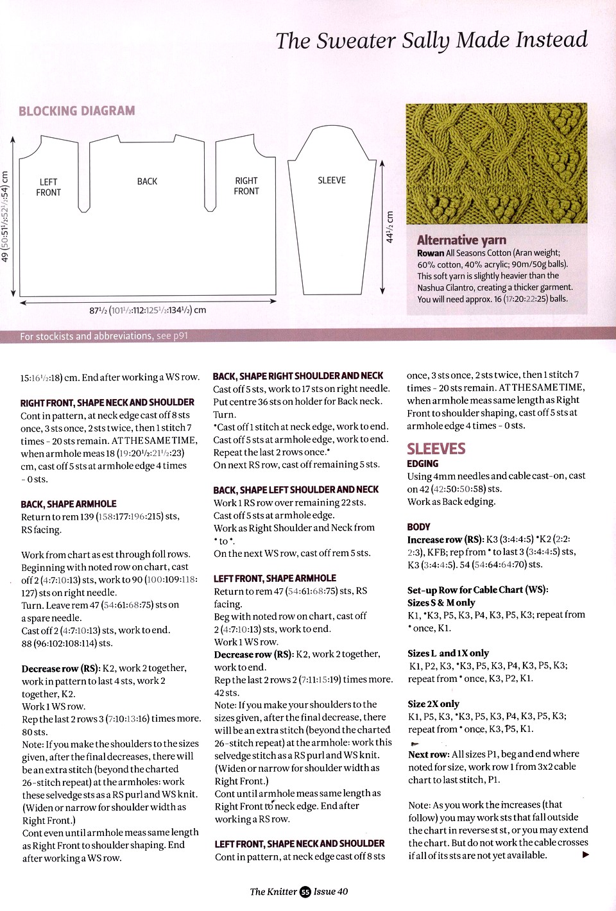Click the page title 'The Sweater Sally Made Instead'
[x=431, y=40]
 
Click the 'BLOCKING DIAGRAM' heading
[x=77, y=111]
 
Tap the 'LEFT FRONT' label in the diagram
[x=49, y=187]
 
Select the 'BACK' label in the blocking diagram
[x=147, y=182]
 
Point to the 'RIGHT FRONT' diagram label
[x=246, y=186]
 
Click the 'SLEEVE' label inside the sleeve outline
[x=332, y=180]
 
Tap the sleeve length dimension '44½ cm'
[x=389, y=227]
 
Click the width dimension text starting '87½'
[x=148, y=311]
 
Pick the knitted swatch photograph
[x=496, y=164]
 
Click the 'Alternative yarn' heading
[x=461, y=240]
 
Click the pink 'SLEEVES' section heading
[x=436, y=448]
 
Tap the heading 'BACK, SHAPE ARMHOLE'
[x=69, y=504]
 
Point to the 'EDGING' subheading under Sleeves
[x=423, y=464]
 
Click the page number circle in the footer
[x=305, y=892]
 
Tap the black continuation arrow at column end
[x=585, y=855]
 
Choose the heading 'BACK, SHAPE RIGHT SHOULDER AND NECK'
[x=298, y=376]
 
